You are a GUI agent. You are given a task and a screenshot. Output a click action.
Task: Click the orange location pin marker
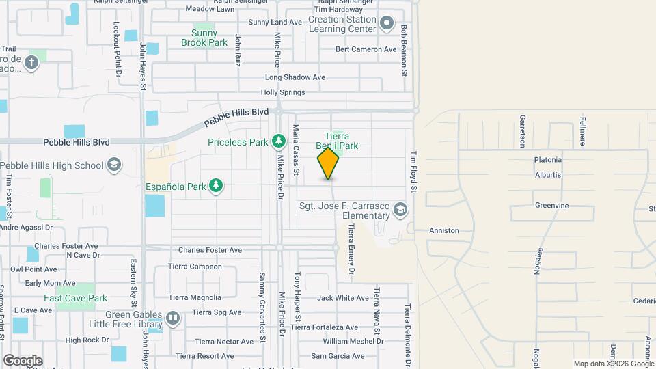click(328, 163)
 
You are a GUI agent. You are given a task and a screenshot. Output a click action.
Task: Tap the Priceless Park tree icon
click(278, 141)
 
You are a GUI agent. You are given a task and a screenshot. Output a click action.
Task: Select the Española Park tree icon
click(217, 186)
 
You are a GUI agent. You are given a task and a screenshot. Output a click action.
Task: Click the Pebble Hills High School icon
click(114, 165)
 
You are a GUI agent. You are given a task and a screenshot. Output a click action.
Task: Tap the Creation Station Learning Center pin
click(387, 24)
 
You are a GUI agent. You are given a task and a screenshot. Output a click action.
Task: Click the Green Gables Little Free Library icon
click(174, 318)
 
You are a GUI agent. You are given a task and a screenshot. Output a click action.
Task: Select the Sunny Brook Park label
click(204, 38)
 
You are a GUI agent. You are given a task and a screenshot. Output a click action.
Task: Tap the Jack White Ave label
click(343, 298)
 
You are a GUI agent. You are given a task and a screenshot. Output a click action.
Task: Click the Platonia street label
click(548, 160)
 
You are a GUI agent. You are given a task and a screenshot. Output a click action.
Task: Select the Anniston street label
click(444, 230)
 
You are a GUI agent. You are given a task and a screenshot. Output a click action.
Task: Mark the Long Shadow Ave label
click(295, 77)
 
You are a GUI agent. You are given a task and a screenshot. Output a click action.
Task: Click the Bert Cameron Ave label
click(366, 49)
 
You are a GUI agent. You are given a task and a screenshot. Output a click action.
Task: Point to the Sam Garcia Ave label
click(338, 356)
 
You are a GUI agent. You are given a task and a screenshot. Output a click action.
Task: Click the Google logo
click(23, 361)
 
